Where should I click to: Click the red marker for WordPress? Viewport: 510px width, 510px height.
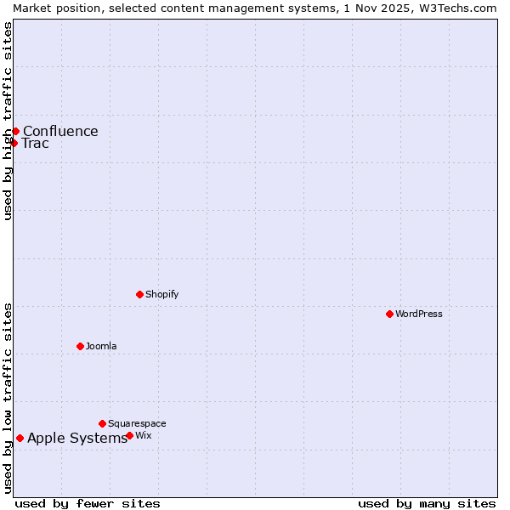(x=389, y=314)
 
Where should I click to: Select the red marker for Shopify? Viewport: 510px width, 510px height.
(x=139, y=294)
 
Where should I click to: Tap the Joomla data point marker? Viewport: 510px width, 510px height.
(x=80, y=346)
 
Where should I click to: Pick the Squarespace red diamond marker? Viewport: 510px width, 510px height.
(x=102, y=423)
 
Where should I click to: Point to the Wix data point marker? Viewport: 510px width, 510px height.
(x=129, y=435)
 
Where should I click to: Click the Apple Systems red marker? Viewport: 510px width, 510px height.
(x=20, y=438)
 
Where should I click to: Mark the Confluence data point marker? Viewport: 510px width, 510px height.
(x=15, y=131)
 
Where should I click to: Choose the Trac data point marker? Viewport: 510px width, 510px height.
(x=14, y=143)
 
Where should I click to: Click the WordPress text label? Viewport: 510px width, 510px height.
(x=419, y=314)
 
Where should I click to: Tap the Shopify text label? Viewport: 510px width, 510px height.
(x=162, y=294)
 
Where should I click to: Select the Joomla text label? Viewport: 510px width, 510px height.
(x=101, y=346)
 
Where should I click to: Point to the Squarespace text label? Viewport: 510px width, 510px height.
(x=137, y=423)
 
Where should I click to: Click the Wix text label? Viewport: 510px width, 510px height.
(x=144, y=435)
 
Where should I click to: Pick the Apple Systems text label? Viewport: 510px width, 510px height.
(x=77, y=438)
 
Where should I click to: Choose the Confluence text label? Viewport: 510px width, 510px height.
(x=60, y=131)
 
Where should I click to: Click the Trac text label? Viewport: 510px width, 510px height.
(x=35, y=143)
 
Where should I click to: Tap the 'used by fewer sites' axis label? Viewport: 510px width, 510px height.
(x=88, y=503)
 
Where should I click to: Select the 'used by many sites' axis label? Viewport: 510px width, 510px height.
(x=427, y=503)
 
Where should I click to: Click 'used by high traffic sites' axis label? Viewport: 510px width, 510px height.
(x=8, y=121)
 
